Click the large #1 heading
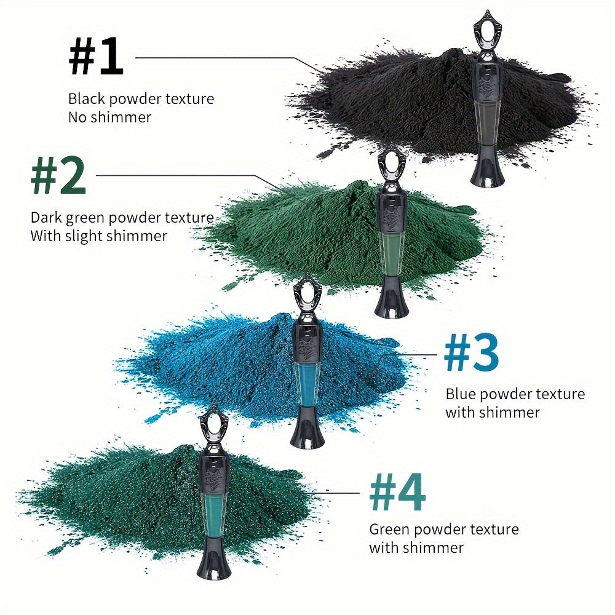tap(96, 55)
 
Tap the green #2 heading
tap(58, 175)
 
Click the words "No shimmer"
tap(110, 117)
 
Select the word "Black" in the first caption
tap(87, 99)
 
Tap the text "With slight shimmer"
tap(99, 236)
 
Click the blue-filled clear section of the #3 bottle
tap(307, 384)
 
